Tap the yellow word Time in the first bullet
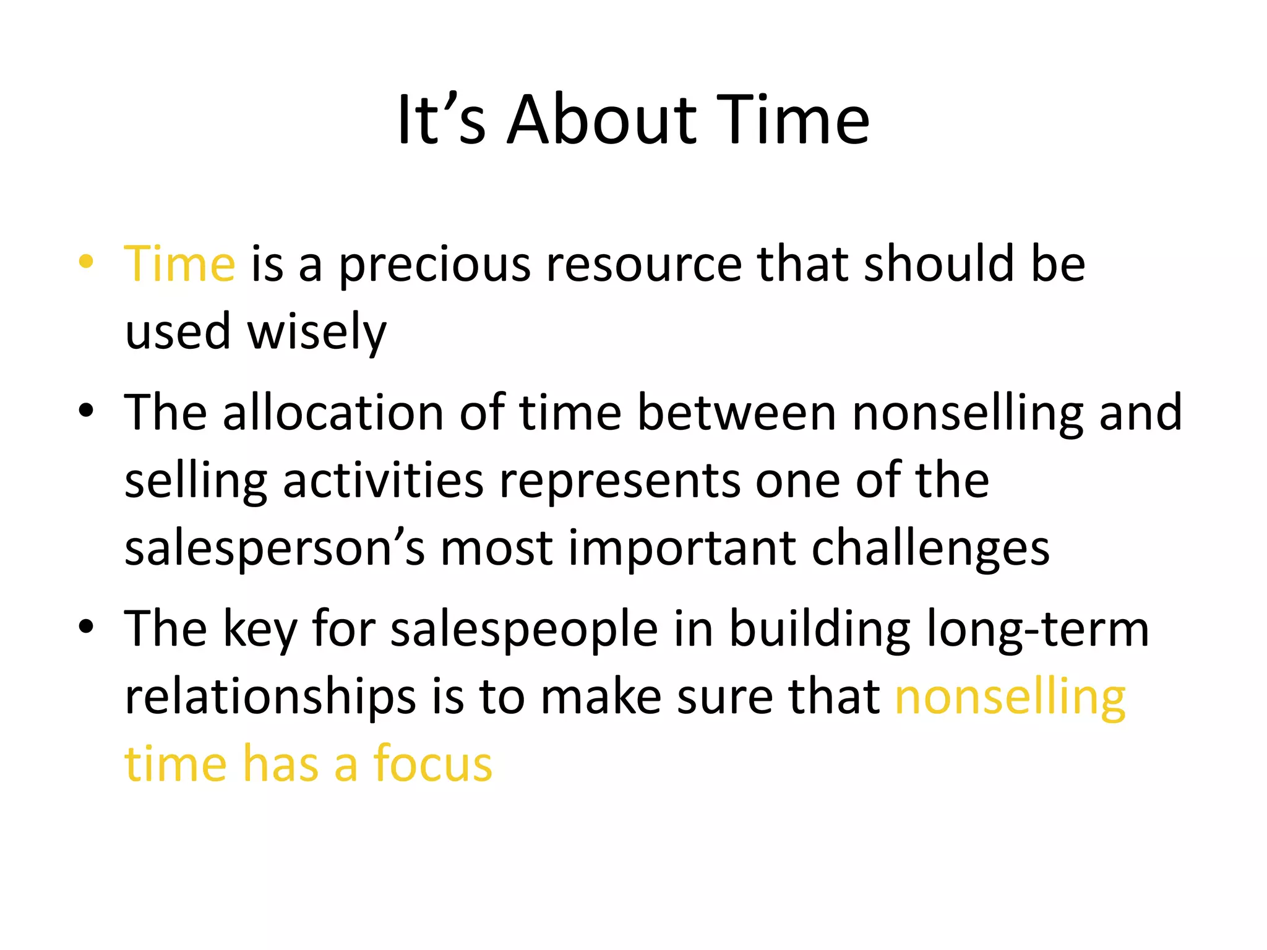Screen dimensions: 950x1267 [x=179, y=264]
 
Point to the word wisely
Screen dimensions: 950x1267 [x=317, y=333]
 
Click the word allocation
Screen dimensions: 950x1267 [x=333, y=413]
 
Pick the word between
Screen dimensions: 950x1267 [x=736, y=413]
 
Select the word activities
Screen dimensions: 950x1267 [x=383, y=481]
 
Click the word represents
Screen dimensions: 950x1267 [x=619, y=482]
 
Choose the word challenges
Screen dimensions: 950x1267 [x=930, y=549]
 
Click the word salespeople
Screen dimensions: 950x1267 [x=525, y=630]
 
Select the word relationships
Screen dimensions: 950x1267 [x=270, y=697]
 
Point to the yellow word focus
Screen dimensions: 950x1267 [x=432, y=764]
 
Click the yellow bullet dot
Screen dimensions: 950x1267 [x=86, y=262]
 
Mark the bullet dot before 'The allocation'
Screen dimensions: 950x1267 [x=86, y=410]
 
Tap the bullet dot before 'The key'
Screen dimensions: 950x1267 [x=86, y=627]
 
